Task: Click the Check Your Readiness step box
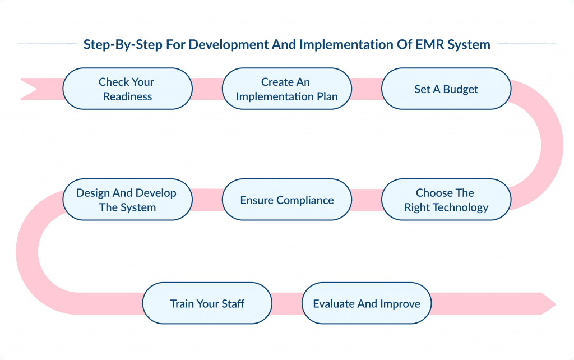point(127,89)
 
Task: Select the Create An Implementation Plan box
point(286,89)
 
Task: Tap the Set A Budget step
point(446,89)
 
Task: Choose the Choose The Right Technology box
point(446,200)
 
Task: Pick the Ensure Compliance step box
point(286,200)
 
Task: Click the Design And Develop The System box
point(127,200)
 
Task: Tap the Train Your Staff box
point(207,303)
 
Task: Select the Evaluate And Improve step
point(367,303)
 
